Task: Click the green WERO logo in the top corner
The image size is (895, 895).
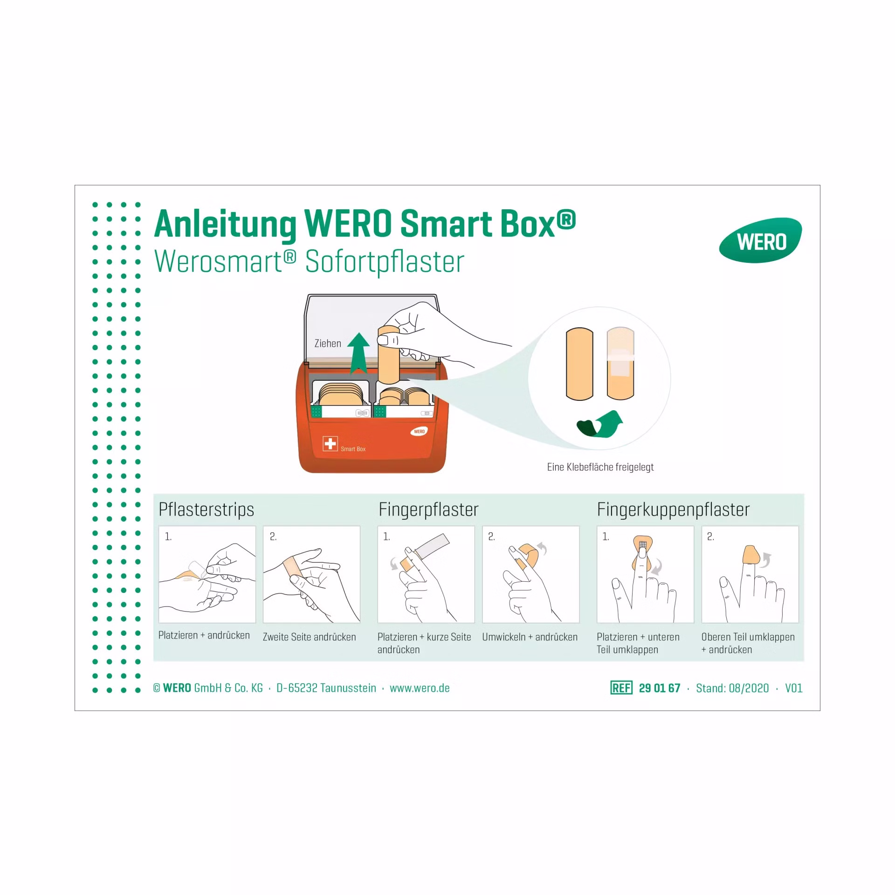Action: [760, 241]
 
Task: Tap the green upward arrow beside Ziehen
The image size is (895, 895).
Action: [358, 353]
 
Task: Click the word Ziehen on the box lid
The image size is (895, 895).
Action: [328, 344]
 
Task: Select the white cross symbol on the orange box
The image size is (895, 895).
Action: [330, 443]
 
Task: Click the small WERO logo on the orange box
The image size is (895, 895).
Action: [419, 431]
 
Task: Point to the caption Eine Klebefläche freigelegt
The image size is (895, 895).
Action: [600, 467]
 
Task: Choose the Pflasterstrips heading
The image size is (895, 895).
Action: [206, 509]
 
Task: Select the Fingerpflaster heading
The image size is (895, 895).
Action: [428, 509]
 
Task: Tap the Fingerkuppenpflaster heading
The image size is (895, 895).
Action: [673, 509]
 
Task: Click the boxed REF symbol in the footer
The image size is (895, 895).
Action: [621, 688]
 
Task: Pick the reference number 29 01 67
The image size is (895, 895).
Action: [660, 688]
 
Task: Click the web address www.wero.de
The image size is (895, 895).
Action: [420, 688]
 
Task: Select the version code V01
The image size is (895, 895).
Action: [794, 688]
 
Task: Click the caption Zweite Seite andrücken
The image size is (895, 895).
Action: [309, 637]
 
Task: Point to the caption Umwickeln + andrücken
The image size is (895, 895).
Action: [530, 637]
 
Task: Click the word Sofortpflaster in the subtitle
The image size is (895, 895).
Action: [385, 262]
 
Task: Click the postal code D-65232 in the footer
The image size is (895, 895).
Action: [297, 688]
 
